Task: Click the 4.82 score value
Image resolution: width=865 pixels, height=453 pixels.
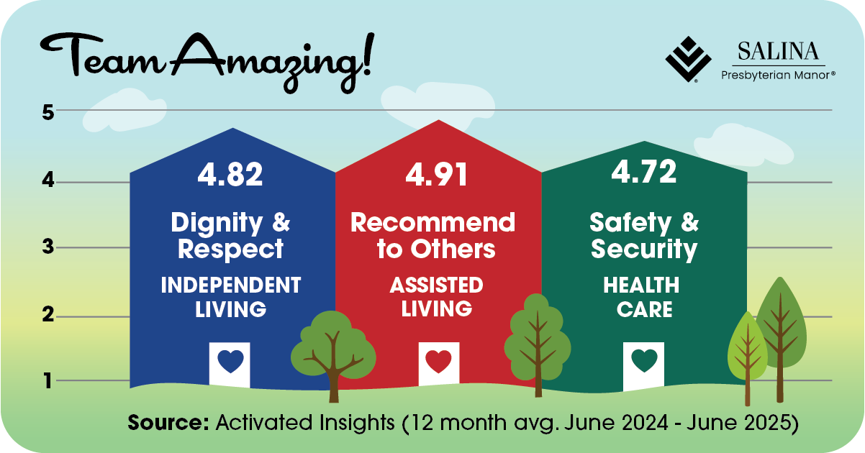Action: tap(230, 175)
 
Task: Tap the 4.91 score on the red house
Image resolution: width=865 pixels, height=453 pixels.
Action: tap(436, 175)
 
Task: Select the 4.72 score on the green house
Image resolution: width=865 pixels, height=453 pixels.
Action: tap(644, 171)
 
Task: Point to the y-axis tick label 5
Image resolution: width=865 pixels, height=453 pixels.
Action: tap(48, 112)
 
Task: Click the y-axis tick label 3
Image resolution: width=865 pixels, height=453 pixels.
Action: tap(48, 247)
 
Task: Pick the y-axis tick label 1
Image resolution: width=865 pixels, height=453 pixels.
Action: tap(48, 381)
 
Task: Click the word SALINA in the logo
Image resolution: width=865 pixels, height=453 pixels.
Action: tap(778, 51)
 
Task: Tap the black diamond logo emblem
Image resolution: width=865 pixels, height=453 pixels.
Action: tap(688, 60)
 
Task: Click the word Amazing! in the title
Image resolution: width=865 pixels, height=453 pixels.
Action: tap(271, 62)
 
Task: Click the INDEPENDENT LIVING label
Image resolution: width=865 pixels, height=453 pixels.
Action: tap(230, 297)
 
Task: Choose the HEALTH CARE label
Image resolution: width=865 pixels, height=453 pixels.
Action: tap(641, 297)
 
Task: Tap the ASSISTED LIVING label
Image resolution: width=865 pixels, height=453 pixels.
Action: tap(436, 296)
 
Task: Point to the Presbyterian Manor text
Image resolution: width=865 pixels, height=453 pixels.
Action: tap(778, 75)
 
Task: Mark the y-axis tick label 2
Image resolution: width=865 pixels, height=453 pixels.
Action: tap(48, 315)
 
